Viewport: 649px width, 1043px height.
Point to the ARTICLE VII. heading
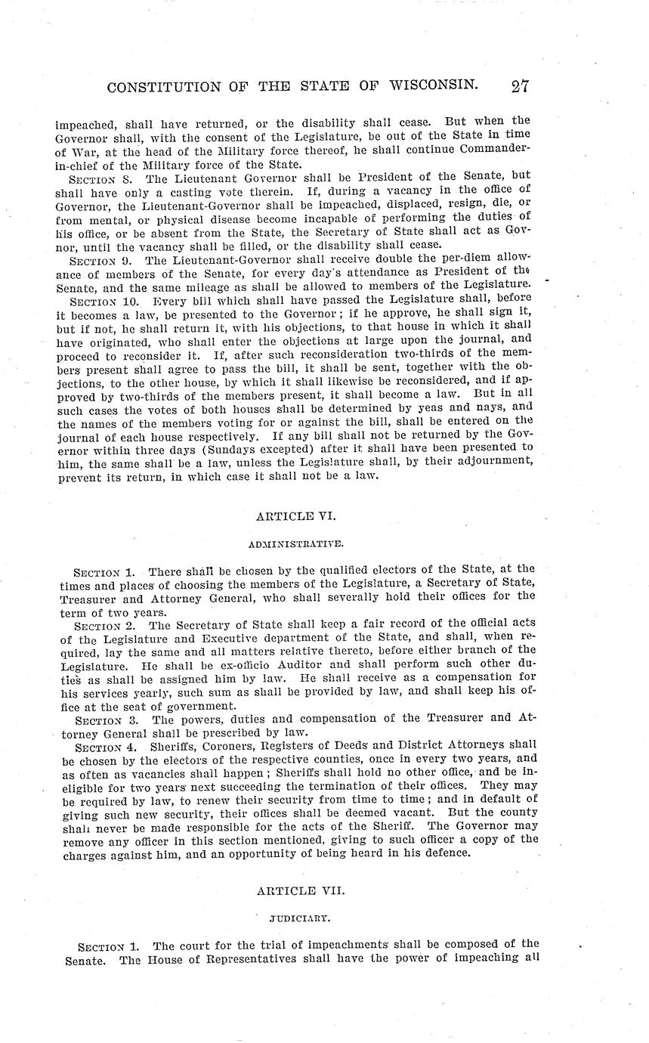coord(301,891)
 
